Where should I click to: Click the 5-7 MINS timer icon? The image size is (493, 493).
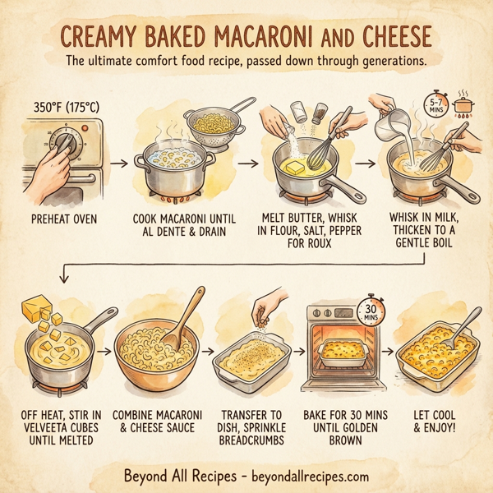coord(435,105)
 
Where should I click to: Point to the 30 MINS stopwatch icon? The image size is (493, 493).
coord(370,311)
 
